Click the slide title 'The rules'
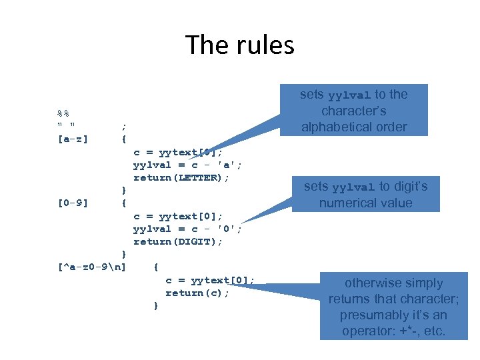point(240,45)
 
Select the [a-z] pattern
point(73,140)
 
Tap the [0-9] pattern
point(73,203)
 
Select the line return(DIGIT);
point(178,241)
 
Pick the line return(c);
point(197,293)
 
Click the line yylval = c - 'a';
point(187,165)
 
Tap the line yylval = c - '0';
point(187,229)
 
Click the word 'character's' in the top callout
point(353,111)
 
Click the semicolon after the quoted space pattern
point(123,127)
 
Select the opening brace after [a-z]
point(123,140)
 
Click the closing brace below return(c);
point(155,305)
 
